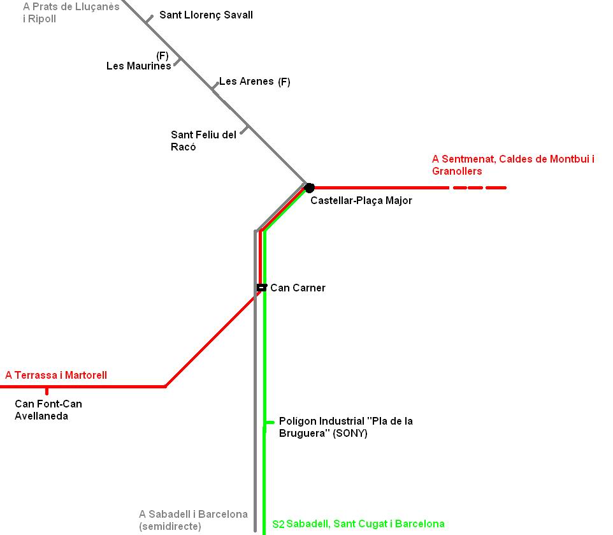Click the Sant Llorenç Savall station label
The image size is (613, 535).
(206, 15)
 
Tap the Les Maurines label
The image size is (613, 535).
(138, 66)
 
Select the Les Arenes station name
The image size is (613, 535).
(246, 82)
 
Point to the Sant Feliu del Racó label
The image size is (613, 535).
(203, 141)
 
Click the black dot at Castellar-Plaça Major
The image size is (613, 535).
(309, 187)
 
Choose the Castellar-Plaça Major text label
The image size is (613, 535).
(361, 200)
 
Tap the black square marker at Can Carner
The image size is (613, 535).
(261, 288)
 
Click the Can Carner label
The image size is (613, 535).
(298, 288)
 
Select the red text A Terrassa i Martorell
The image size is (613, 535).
(56, 375)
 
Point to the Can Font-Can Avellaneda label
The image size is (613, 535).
(48, 410)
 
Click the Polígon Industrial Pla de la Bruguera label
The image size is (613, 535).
(345, 427)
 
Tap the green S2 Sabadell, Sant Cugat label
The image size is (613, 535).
(358, 524)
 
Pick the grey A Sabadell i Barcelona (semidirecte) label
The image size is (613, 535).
(193, 520)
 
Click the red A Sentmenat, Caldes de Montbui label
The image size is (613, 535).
(512, 165)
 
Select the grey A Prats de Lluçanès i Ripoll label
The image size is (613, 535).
(71, 13)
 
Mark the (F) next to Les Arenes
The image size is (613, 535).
(284, 82)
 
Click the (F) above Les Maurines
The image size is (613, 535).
(162, 55)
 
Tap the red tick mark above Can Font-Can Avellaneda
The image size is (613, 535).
(47, 391)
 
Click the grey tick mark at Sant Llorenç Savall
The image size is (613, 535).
(149, 19)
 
